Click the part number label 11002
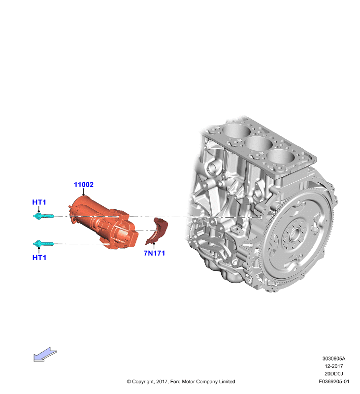(x=84, y=185)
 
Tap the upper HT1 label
(x=39, y=202)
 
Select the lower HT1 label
(x=39, y=258)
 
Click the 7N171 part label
(x=154, y=253)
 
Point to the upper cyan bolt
(x=43, y=216)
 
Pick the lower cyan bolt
(x=43, y=243)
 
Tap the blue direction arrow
(x=45, y=354)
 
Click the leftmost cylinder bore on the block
(x=236, y=131)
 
